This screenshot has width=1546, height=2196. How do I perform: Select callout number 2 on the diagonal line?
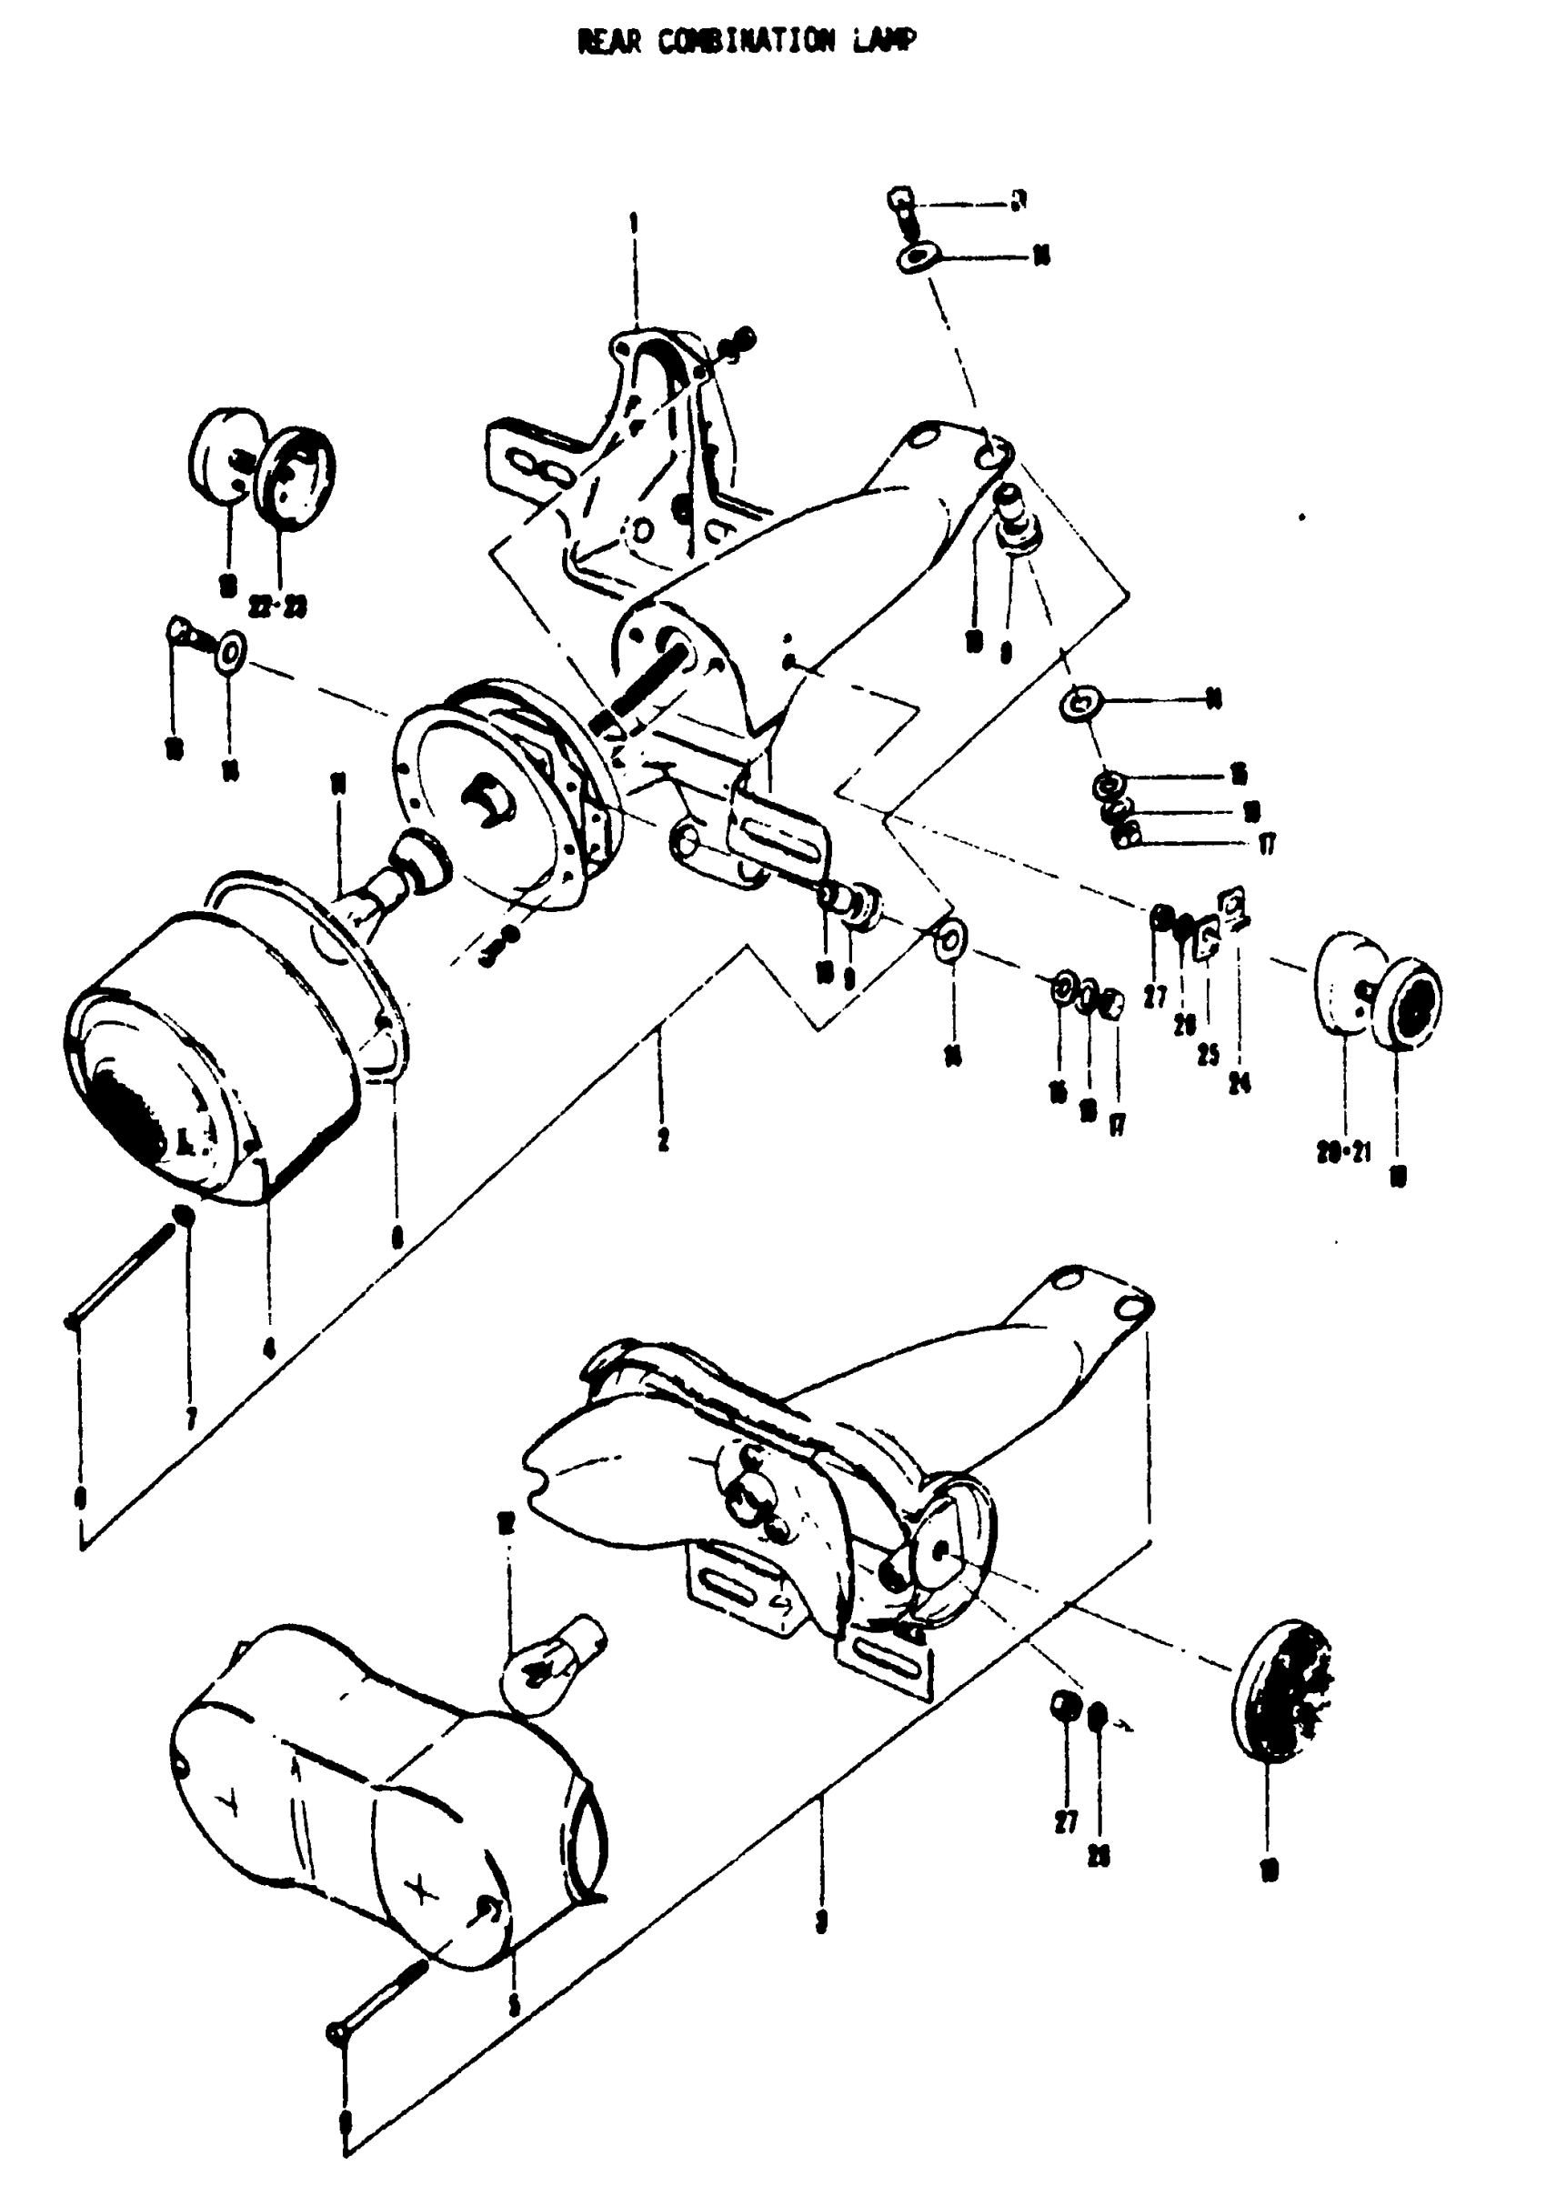point(663,1139)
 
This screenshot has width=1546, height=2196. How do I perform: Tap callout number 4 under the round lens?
point(269,1348)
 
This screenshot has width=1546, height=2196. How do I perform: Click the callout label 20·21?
point(1343,1151)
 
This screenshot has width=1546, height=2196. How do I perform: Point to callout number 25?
point(1209,1055)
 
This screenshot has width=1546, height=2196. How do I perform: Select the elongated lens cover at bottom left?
point(383,1798)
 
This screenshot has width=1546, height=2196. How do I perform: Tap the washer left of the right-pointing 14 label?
point(1080,703)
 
